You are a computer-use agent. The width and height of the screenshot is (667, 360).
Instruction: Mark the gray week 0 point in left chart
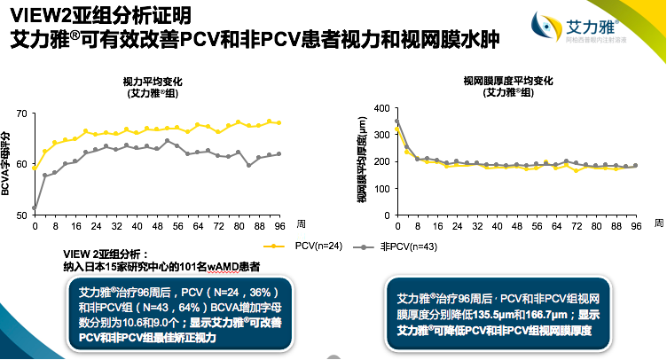pos(35,208)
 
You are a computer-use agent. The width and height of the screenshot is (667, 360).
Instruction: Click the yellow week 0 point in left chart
pos(35,167)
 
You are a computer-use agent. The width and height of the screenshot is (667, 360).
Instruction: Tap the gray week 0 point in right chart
pos(397,121)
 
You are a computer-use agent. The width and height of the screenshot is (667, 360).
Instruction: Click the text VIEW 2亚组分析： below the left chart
pos(107,254)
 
